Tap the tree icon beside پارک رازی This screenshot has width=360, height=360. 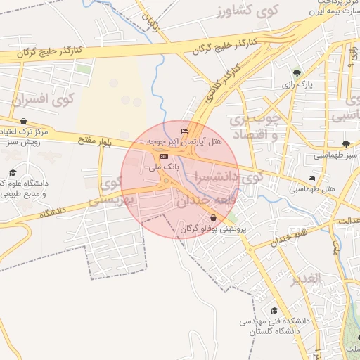point(297,72)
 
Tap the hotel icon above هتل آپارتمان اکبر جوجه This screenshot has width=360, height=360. point(185,131)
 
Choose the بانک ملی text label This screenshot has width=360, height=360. point(167,167)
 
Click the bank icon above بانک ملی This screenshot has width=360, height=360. point(165,156)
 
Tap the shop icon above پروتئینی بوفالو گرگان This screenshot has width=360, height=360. point(212,218)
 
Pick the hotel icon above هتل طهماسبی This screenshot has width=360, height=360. point(311,178)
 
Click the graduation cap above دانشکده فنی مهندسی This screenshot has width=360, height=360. point(274,310)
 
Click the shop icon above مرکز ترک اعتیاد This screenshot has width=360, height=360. point(24,121)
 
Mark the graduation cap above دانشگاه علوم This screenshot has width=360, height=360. point(13,172)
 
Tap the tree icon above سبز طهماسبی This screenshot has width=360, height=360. point(345,143)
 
